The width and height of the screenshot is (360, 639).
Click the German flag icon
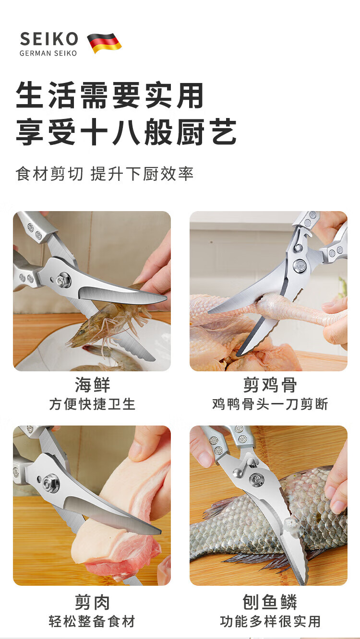(x=104, y=43)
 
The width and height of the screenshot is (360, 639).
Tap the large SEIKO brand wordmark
(x=49, y=39)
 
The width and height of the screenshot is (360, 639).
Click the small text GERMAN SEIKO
(x=48, y=53)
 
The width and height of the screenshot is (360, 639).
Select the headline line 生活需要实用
(x=109, y=95)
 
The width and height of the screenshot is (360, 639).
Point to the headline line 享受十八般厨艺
(x=126, y=132)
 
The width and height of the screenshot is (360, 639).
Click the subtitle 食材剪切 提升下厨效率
(x=105, y=174)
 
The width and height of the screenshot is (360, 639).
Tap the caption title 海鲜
(x=92, y=385)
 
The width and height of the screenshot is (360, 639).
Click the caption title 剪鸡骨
(x=270, y=385)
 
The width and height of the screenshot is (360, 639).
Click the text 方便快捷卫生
(x=92, y=404)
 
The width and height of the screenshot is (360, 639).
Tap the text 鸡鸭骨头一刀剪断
(x=270, y=404)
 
